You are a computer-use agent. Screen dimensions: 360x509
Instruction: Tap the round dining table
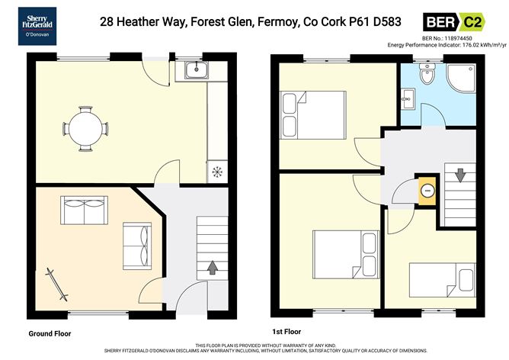coord(86,127)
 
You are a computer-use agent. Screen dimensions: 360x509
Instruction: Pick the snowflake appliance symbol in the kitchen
coord(217,171)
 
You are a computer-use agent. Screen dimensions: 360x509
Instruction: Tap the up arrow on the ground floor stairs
coord(211,268)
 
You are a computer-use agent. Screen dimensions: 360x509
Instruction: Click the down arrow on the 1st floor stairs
coord(459,176)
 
